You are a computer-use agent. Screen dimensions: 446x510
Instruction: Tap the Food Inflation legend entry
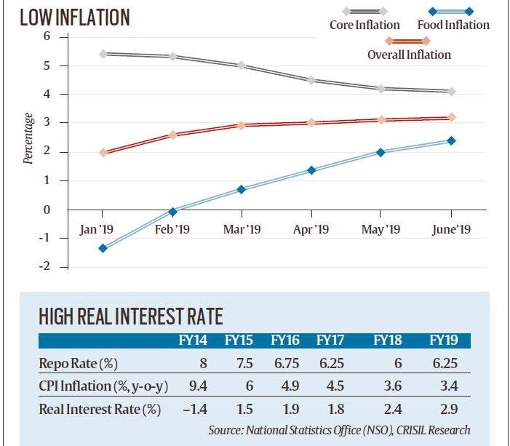pyautogui.click(x=453, y=25)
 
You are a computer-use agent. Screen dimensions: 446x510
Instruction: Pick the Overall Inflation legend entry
pyautogui.click(x=409, y=54)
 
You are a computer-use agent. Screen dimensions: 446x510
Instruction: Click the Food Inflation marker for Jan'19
pyautogui.click(x=103, y=248)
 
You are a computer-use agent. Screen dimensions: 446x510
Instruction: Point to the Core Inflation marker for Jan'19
pyautogui.click(x=103, y=54)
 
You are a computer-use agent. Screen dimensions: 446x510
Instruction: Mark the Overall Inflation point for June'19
pyautogui.click(x=451, y=116)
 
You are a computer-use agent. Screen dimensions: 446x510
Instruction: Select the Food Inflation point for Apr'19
pyautogui.click(x=311, y=170)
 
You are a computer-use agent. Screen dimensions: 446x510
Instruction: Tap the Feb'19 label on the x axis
pyautogui.click(x=172, y=229)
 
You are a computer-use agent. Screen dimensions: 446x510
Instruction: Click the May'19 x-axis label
pyautogui.click(x=381, y=229)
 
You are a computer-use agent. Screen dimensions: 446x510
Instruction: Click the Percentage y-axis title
pyautogui.click(x=28, y=138)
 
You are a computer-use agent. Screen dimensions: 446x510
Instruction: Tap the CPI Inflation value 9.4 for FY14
pyautogui.click(x=191, y=386)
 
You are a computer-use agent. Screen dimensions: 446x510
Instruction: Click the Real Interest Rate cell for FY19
pyautogui.click(x=442, y=409)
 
